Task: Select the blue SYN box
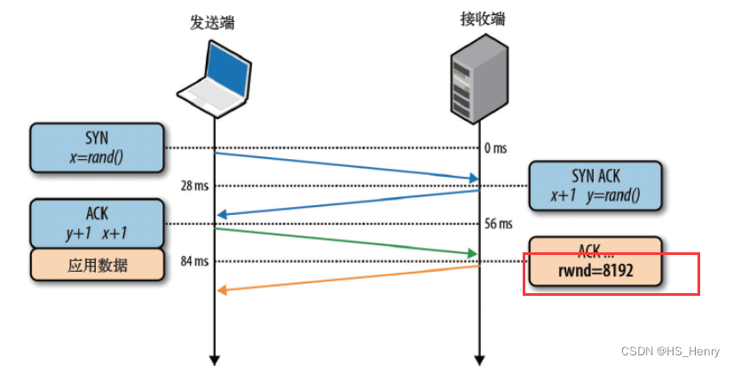coord(97,147)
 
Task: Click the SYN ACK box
coord(595,186)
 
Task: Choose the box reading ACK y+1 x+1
coord(97,223)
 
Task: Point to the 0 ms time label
coord(495,148)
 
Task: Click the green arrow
coord(346,242)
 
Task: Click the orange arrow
coord(346,277)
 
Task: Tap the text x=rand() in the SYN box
coord(97,156)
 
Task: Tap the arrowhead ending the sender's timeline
coord(214,358)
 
